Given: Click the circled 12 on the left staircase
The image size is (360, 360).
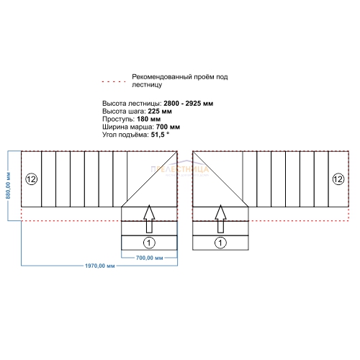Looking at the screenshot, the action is pos(32,179).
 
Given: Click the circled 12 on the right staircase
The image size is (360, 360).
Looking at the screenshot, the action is pos(338,179).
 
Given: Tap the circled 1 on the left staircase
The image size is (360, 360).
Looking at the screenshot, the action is pos(149,243).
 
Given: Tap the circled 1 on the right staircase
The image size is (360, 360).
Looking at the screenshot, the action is pos(220,243).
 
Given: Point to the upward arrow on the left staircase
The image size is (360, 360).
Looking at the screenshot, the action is pos(149,219).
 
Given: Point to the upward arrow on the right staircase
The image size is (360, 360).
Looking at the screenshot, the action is pos(220,219).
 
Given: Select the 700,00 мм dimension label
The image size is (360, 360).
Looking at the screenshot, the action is pos(149,258).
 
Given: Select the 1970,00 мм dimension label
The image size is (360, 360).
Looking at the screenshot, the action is pos(100,266).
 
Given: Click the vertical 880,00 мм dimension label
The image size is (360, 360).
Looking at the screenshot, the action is pos(8,185).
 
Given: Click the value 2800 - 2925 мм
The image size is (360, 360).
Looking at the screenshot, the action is pos(189,104).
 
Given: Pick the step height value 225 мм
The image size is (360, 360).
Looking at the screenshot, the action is pos(160,112).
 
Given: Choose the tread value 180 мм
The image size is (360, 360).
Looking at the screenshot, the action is pos(149,119).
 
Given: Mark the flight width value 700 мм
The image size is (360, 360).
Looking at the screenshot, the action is pos(168,127).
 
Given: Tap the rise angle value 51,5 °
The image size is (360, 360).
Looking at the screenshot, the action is pos(160,135).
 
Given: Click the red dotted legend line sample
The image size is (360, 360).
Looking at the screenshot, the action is pos(114,81).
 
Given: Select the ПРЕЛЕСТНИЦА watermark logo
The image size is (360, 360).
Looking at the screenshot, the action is pos(180,169).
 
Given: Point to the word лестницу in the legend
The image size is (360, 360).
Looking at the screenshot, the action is pos(147,85).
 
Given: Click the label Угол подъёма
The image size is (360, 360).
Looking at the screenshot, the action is pos(125,135).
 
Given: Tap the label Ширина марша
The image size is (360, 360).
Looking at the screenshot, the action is pos(128,127).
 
